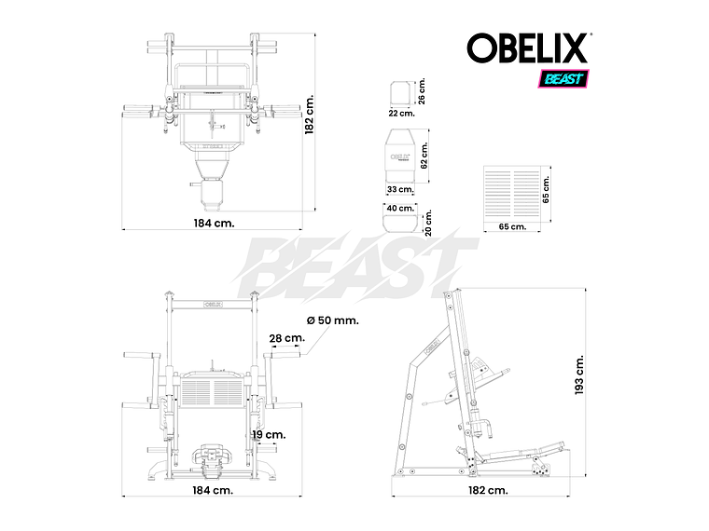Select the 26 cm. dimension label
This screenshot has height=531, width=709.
[x=422, y=91]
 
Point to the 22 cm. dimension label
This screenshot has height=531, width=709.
[x=400, y=113]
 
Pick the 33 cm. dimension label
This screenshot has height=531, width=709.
[x=399, y=189]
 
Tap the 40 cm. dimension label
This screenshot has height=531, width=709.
[x=400, y=208]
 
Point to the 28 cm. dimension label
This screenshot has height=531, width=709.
[x=286, y=338]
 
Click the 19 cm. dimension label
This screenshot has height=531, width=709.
[x=268, y=434]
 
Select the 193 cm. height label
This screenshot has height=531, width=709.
[x=579, y=374]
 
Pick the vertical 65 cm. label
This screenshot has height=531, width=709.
[x=547, y=189]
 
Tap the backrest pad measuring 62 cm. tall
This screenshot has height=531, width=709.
[x=399, y=153]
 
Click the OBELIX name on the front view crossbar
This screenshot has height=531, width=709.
[x=214, y=303]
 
